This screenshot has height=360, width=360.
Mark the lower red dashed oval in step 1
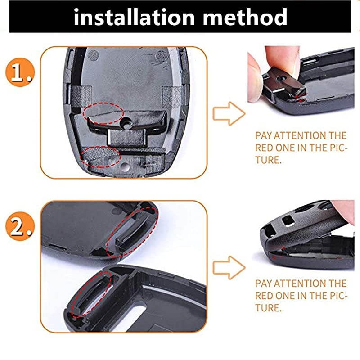pyautogui.click(x=100, y=157)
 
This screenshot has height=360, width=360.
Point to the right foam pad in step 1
pyautogui.click(x=171, y=97)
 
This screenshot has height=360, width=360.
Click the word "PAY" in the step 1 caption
pyautogui.click(x=263, y=135)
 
